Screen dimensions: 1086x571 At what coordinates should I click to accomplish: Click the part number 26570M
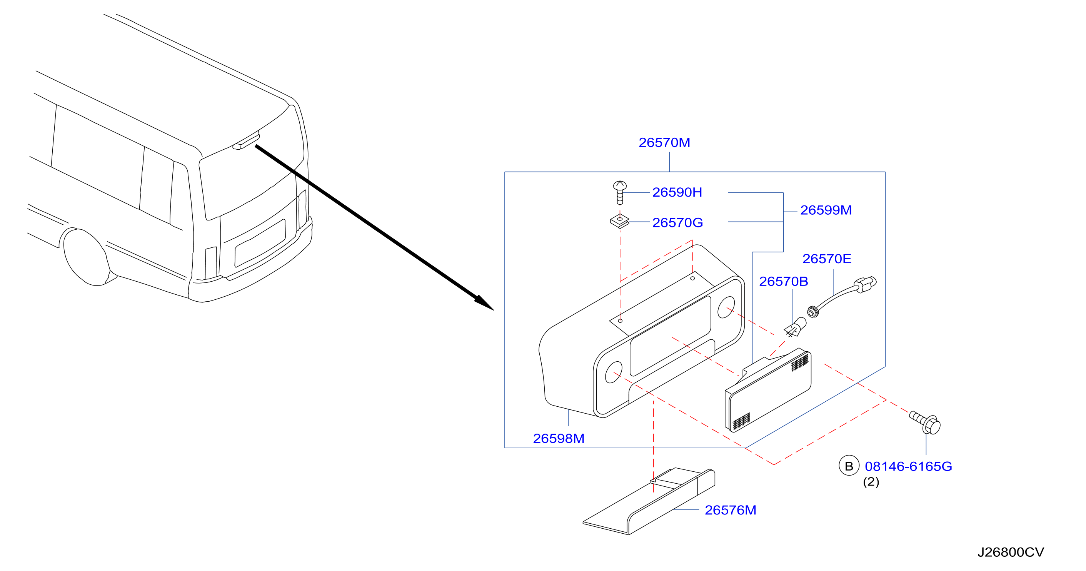[x=664, y=142]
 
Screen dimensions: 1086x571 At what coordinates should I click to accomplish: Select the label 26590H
[x=677, y=192]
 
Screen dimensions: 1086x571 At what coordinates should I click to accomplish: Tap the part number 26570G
[x=677, y=223]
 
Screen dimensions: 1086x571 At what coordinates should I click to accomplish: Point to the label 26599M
[x=826, y=210]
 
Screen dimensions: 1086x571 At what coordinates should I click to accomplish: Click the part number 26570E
[x=827, y=259]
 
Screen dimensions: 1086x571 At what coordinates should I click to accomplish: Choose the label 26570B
[x=784, y=281]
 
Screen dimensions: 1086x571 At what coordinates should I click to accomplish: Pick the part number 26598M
[x=559, y=439]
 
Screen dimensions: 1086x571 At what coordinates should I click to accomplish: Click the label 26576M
[x=731, y=510]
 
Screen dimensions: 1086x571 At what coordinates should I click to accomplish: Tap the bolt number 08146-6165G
[x=909, y=466]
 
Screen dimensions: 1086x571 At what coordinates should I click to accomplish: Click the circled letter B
[x=849, y=466]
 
